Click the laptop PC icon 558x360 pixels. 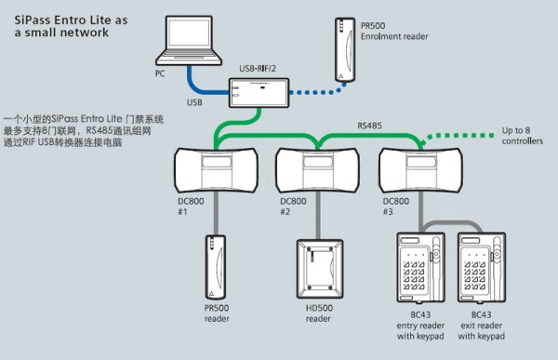point(189,40)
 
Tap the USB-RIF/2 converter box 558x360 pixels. point(259,93)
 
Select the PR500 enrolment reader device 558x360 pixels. point(345,50)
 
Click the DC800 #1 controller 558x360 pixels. point(216,170)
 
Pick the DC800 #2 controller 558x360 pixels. point(317,170)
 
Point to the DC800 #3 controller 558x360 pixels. point(421,170)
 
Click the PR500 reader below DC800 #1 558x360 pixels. point(216,267)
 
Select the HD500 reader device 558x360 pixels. point(320,269)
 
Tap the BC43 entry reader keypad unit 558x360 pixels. point(420,268)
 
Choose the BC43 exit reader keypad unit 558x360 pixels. point(482,268)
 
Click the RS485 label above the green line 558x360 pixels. point(369,126)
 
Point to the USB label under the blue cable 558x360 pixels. point(194,102)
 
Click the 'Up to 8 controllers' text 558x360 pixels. point(522,136)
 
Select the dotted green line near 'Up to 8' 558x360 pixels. point(459,136)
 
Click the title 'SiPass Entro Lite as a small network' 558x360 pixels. point(71,26)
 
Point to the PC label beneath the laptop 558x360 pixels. point(160,73)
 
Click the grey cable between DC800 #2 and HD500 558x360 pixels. point(318,216)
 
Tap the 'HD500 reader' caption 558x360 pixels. point(319,313)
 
